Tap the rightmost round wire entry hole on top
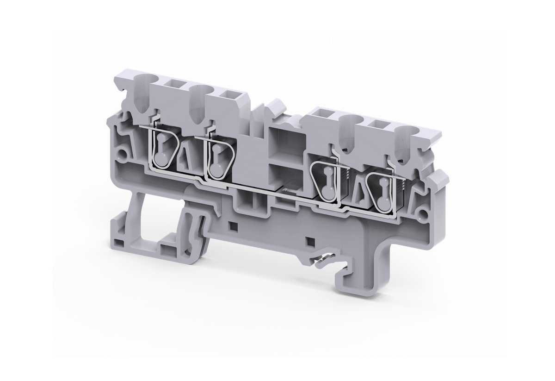tap(407, 137)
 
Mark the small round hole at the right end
tap(422, 213)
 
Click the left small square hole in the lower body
tap(233, 226)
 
